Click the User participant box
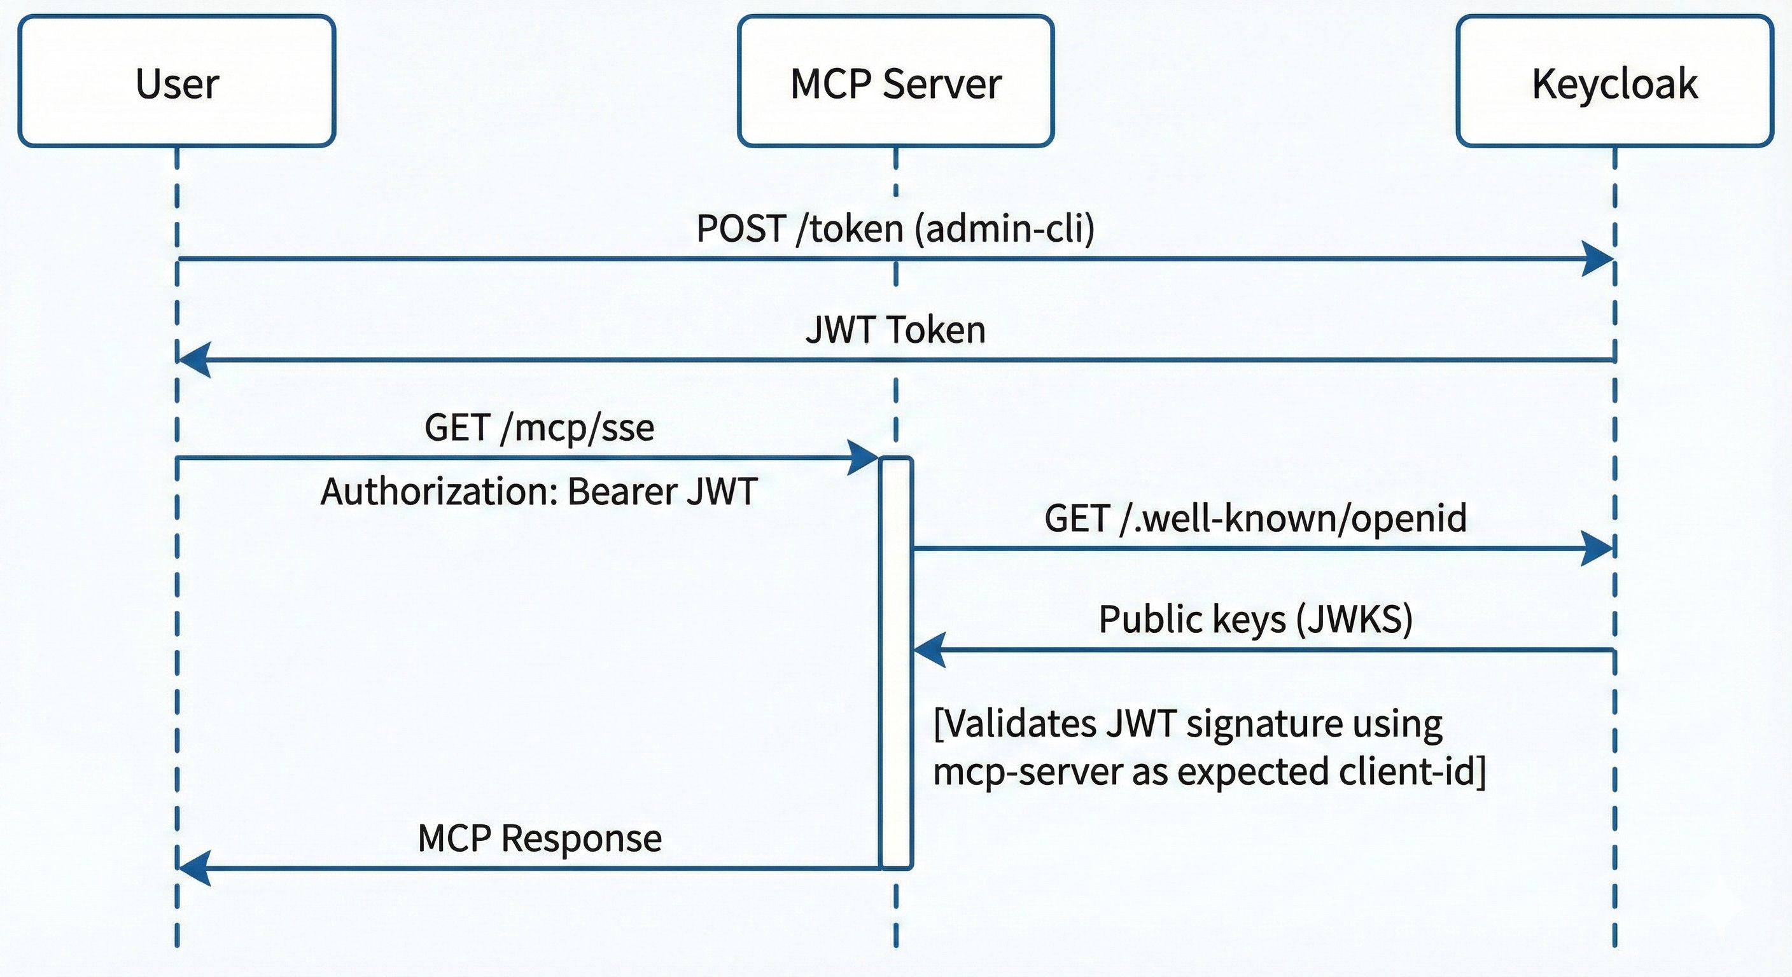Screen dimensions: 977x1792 point(177,81)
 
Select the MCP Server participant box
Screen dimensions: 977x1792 point(895,81)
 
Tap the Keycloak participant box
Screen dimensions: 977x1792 point(1614,81)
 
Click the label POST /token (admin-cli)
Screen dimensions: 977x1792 point(895,228)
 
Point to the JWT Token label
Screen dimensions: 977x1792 point(895,329)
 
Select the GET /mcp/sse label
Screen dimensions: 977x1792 point(539,427)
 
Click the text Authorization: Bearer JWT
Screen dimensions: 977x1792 point(539,492)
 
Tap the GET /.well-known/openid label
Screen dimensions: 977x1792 point(1256,518)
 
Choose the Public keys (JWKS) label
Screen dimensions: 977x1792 point(1256,619)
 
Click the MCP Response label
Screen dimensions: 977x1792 point(539,837)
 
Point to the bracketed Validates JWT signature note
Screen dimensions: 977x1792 point(1209,747)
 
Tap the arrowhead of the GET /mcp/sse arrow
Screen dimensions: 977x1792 point(864,457)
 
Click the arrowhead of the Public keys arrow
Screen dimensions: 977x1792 point(928,650)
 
